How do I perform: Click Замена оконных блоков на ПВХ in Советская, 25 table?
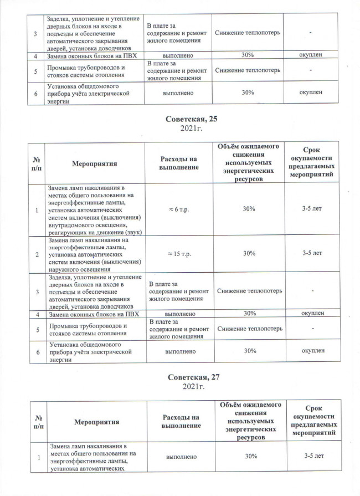[91, 314]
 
